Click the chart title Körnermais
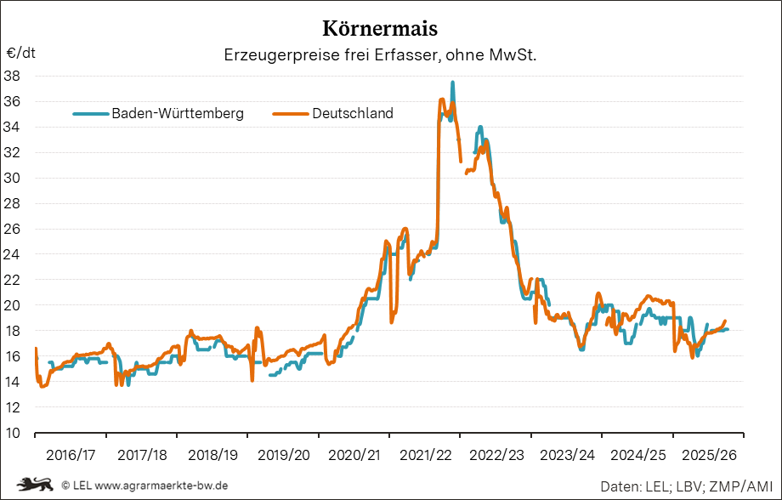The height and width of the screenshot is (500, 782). pyautogui.click(x=381, y=29)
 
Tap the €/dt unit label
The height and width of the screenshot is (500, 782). pyautogui.click(x=21, y=53)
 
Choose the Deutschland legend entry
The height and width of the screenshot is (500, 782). pyautogui.click(x=352, y=113)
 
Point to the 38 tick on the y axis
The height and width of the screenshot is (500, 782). pyautogui.click(x=13, y=76)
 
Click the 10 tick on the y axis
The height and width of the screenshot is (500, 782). pyautogui.click(x=13, y=432)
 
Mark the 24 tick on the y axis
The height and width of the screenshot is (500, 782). pyautogui.click(x=13, y=254)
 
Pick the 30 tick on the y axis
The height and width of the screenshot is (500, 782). pyautogui.click(x=13, y=178)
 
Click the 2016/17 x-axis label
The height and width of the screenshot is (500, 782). pyautogui.click(x=70, y=455)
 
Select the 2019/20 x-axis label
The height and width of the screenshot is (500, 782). pyautogui.click(x=283, y=455)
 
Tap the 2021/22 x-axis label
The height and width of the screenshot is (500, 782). pyautogui.click(x=424, y=455)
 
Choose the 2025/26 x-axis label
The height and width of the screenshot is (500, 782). pyautogui.click(x=708, y=455)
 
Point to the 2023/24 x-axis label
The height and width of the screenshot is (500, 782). pyautogui.click(x=566, y=455)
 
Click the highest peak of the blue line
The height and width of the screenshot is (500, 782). pyautogui.click(x=452, y=82)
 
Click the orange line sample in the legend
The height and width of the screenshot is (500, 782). pyautogui.click(x=290, y=113)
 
